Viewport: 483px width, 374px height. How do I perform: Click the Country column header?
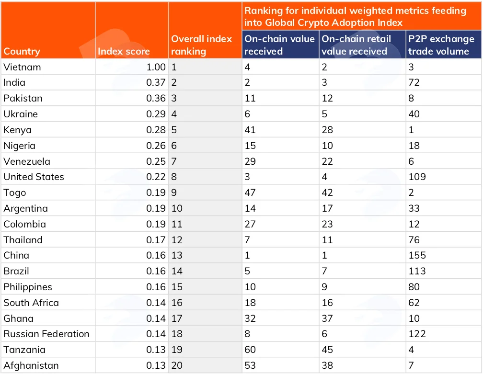(x=22, y=51)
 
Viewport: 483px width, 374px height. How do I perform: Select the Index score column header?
(x=124, y=51)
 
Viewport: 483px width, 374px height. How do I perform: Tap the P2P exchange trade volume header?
(x=441, y=45)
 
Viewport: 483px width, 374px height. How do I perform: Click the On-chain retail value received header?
(x=356, y=45)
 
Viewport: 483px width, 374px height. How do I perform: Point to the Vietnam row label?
(x=22, y=67)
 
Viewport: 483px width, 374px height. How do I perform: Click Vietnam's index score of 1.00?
(x=156, y=67)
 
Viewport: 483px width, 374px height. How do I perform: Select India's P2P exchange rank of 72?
(x=414, y=82)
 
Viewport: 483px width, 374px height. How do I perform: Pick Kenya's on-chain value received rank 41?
(x=250, y=130)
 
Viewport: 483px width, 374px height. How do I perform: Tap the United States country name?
(x=34, y=177)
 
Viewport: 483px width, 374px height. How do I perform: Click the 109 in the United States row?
(x=417, y=177)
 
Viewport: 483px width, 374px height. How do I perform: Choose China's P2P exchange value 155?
(x=417, y=255)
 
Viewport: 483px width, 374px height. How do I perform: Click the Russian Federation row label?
(x=46, y=334)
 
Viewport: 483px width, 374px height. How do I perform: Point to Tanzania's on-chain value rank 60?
(x=250, y=350)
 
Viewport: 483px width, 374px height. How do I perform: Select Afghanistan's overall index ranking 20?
(x=177, y=365)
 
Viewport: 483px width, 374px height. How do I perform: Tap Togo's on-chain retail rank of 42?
(x=327, y=193)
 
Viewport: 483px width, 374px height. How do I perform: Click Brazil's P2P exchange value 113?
(x=417, y=271)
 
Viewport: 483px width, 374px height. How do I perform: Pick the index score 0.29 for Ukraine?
(x=156, y=114)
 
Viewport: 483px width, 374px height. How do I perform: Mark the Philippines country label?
(x=28, y=287)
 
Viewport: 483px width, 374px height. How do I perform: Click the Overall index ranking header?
(x=201, y=45)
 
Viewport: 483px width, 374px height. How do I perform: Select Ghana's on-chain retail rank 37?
(x=327, y=318)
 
